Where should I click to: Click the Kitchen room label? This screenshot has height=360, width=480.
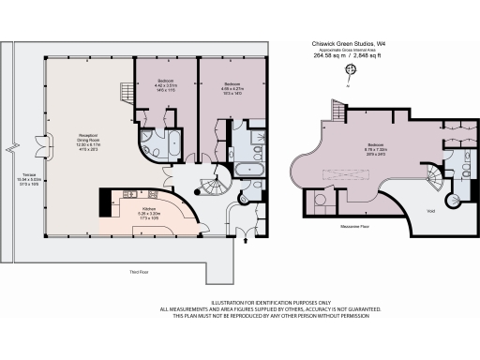[x=148, y=209]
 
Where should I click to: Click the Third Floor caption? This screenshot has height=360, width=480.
[x=139, y=273]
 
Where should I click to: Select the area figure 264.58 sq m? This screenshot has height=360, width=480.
[x=330, y=55]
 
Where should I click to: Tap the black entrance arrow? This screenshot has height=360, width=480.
[x=247, y=240]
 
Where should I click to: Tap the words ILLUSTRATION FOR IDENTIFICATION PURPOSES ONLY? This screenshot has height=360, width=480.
[x=240, y=302]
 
